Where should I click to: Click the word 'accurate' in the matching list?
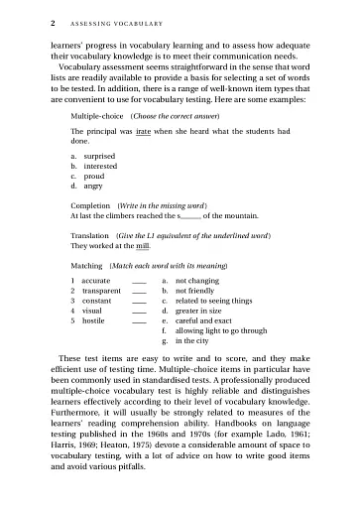pyautogui.click(x=98, y=283)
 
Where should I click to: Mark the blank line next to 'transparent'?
pyautogui.click(x=140, y=294)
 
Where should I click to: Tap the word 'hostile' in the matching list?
pyautogui.click(x=95, y=321)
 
